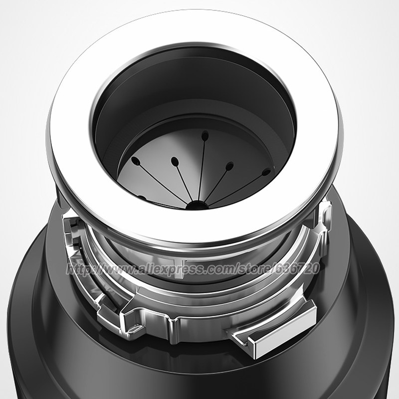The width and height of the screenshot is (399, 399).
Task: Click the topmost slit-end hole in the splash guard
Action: (x=205, y=136)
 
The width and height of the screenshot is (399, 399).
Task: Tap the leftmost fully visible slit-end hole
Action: (x=135, y=161)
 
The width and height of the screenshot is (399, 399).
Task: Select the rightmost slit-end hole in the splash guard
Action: (x=266, y=172)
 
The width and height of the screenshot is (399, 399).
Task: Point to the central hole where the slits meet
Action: (x=196, y=205)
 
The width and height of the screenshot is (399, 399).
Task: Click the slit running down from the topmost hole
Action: (x=201, y=170)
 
